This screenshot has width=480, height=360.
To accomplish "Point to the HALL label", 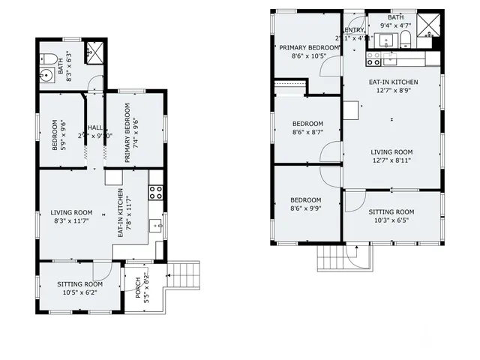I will [95, 127].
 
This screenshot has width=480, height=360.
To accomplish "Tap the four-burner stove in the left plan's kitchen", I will [156, 191].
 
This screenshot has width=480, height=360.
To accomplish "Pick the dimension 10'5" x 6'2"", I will [79, 292].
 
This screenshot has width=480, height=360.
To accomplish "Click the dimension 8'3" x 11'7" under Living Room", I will [72, 221].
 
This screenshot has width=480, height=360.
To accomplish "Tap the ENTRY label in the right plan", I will [354, 30].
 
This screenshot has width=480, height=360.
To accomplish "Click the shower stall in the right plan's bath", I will [427, 24].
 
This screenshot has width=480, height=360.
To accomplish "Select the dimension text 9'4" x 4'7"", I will [396, 25].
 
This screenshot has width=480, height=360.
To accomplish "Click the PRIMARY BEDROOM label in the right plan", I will [308, 46].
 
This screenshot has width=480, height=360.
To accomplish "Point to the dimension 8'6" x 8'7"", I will [307, 132].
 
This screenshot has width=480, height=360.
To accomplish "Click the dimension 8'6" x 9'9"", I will [306, 208].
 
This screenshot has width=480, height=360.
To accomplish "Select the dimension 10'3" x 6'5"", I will [391, 220].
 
